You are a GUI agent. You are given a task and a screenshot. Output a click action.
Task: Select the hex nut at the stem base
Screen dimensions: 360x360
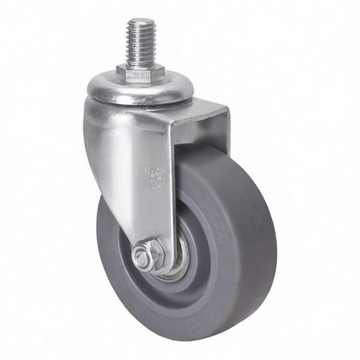pos(140,73)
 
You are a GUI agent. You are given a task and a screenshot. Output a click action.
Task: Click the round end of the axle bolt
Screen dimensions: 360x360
pos(141,255)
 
